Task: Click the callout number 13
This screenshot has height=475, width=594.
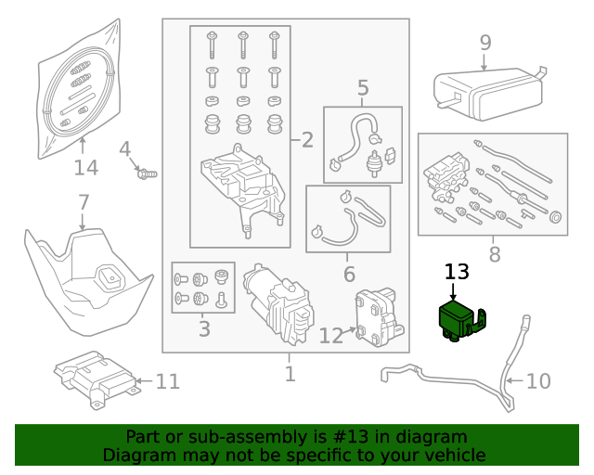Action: (457, 272)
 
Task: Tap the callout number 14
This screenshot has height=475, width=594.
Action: (85, 167)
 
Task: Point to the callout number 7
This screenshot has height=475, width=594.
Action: (83, 201)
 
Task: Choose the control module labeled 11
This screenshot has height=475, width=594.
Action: (94, 378)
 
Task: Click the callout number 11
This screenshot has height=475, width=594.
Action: (167, 380)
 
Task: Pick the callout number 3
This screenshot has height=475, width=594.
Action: (203, 328)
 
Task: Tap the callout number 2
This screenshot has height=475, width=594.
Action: (306, 141)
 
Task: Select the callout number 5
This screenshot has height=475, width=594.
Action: (362, 88)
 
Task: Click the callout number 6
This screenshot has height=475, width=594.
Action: (349, 274)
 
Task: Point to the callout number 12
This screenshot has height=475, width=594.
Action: (331, 335)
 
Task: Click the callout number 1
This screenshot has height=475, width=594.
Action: (290, 374)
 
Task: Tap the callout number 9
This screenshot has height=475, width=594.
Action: (484, 42)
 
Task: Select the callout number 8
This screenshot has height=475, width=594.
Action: (494, 253)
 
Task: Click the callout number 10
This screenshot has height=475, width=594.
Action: (538, 380)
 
